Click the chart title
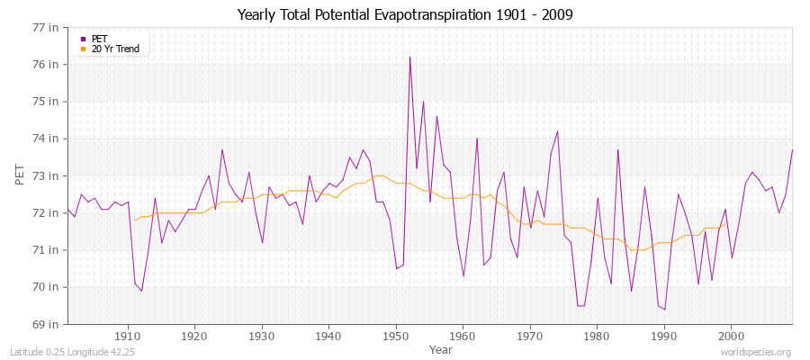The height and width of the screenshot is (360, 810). point(405,15)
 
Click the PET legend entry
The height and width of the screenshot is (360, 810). point(99,39)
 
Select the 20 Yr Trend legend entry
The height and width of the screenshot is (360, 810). point(115,49)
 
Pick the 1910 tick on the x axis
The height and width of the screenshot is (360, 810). point(128,337)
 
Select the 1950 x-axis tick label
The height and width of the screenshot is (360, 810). point(396,337)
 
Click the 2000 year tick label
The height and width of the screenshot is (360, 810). point(731,337)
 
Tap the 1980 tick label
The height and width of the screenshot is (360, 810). point(597,337)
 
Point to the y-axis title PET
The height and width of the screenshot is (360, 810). point(20,175)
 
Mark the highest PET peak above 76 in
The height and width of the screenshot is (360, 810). point(409,58)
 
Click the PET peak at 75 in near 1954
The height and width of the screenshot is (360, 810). point(423,102)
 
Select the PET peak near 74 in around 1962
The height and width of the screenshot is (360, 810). point(477,139)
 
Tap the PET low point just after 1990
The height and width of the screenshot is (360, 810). point(664,310)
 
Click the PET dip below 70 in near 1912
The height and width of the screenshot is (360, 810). point(141,291)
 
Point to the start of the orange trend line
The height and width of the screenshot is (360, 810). point(135,220)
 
